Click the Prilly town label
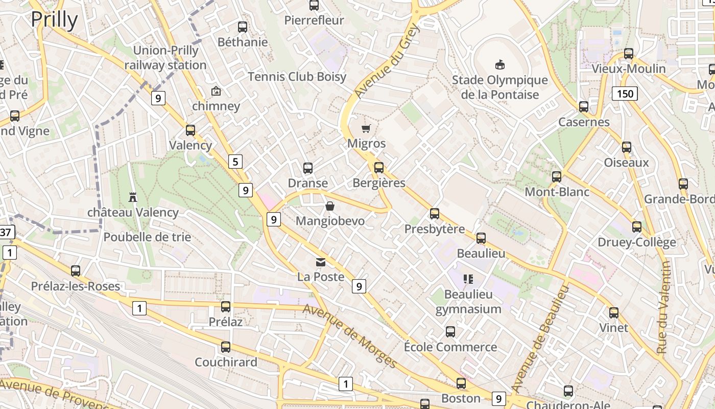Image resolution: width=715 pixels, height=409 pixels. (54, 19)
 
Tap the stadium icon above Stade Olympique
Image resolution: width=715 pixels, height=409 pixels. (499, 64)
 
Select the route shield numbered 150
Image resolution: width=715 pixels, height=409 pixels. (625, 93)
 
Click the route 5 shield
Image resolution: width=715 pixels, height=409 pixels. (235, 162)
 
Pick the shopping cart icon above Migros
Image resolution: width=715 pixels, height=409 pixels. (366, 128)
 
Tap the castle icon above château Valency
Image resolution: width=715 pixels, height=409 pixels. (133, 197)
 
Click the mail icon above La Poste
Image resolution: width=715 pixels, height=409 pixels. (320, 262)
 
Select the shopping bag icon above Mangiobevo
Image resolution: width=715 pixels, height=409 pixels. (330, 206)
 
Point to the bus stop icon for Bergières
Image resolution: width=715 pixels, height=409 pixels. (378, 168)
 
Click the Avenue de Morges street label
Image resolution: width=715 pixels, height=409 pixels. (350, 336)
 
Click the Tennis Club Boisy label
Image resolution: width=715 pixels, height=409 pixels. (297, 77)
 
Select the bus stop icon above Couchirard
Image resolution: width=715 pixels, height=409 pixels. (225, 347)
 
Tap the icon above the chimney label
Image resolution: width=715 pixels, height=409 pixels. (216, 92)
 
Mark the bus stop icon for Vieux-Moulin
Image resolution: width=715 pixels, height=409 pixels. (628, 54)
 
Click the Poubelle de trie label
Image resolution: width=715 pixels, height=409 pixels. (147, 237)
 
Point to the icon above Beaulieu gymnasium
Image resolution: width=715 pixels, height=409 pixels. (468, 279)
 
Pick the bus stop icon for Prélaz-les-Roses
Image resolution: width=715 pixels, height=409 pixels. (76, 271)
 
